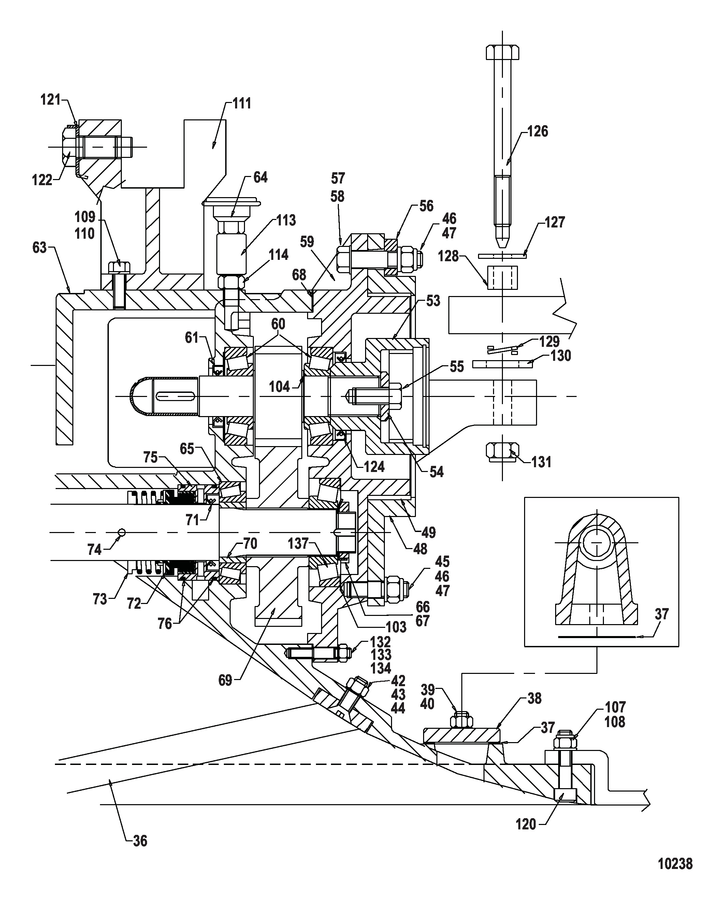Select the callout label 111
coord(242,103)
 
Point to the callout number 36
coord(140,841)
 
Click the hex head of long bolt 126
coord(503,52)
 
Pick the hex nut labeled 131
coord(503,453)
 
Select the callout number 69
coord(225,680)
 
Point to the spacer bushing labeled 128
coord(503,278)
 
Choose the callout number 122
coord(42,180)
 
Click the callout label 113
coord(286,220)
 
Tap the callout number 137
coord(298,544)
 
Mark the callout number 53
coord(433,301)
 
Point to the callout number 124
coord(374,466)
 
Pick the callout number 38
coord(534,698)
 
